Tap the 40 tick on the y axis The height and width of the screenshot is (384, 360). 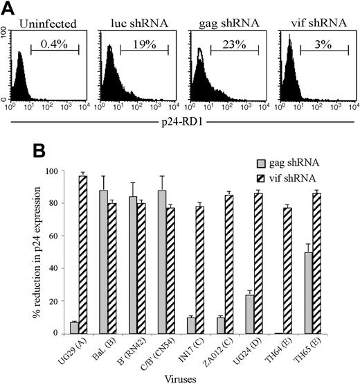57,268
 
